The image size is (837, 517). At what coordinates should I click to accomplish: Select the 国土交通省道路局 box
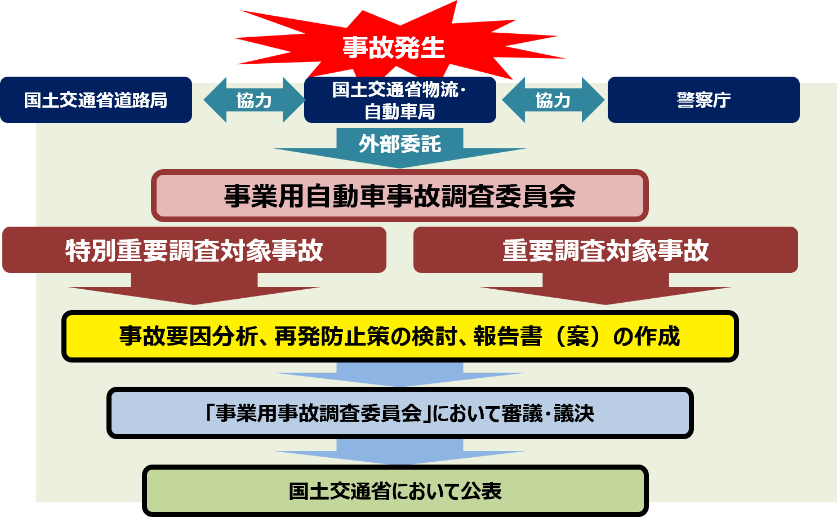pos(96,100)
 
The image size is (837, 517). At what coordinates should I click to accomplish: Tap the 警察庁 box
pos(704,100)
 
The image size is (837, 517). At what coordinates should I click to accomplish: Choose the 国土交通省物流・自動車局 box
pos(400,100)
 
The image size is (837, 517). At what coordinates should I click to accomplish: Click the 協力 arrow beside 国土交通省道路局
pos(254,100)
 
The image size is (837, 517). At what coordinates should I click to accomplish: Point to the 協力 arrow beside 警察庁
pos(553,100)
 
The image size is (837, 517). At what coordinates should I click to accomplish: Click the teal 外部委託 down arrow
pos(400,147)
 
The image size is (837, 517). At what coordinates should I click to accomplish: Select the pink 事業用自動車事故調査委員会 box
pos(400,196)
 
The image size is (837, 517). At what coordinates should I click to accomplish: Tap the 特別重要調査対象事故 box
pos(194,250)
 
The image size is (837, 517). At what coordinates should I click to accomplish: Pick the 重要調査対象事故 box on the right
pos(606,250)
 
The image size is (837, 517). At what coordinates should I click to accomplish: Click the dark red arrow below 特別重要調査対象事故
pos(194,289)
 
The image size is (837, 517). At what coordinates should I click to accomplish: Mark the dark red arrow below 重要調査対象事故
pos(606,289)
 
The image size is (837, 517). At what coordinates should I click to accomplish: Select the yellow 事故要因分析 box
pos(400,337)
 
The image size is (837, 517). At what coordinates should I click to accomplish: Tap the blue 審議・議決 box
pos(400,413)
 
